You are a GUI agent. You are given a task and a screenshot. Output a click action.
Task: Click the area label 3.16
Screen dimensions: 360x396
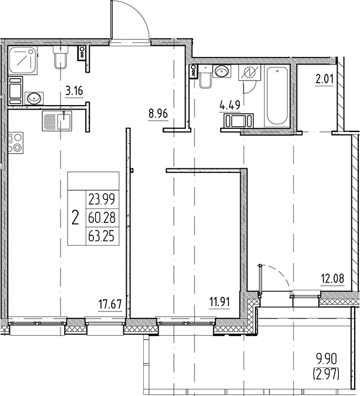pos(74,91)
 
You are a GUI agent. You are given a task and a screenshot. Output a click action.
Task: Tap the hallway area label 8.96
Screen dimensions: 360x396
pos(158,114)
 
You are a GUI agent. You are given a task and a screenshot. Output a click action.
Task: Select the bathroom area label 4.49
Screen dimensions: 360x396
pos(230,105)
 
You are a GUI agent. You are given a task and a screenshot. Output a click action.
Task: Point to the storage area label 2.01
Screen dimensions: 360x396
pos(324,79)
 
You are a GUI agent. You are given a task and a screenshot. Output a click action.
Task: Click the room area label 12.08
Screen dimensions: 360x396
pos(333,279)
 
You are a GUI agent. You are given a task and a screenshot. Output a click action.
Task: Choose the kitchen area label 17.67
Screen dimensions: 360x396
pos(110,304)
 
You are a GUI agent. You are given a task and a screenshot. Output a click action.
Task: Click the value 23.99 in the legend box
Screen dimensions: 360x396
pos(102,199)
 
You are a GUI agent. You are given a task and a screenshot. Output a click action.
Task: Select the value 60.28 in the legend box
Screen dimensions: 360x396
pos(102,218)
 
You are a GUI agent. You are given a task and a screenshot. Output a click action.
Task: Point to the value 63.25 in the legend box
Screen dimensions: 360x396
pos(102,236)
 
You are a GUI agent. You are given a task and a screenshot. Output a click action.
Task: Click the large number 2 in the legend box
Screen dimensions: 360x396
pos(75,218)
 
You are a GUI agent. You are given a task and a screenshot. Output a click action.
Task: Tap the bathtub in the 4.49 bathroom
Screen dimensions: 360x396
pos(277,96)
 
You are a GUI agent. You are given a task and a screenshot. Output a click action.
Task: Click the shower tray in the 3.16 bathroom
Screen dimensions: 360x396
pos(23,60)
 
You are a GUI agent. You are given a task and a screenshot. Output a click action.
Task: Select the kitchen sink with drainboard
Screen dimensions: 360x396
pos(57,121)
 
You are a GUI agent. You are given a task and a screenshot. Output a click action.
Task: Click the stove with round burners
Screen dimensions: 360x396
pos(15,143)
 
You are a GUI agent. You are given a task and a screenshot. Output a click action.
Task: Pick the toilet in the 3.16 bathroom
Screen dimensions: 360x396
pos(60,57)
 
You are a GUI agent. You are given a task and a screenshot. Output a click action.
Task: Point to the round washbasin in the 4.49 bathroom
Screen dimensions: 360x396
pos(222,71)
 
